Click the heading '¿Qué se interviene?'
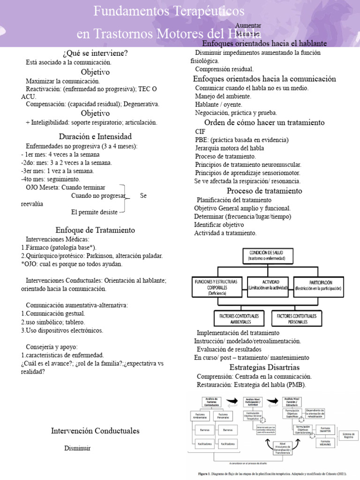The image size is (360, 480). [95, 52]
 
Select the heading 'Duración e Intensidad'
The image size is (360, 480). [95, 136]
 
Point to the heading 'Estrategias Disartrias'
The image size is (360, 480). [264, 367]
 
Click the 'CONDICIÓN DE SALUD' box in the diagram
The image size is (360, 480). [266, 255]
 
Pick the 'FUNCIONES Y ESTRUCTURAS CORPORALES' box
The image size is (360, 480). [216, 286]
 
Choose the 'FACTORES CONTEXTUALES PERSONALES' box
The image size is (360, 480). [299, 319]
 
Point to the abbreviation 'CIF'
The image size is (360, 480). [200, 132]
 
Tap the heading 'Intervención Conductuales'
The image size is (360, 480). [95, 431]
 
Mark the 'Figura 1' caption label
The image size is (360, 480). [205, 473]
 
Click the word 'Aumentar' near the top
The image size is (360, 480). [248, 25]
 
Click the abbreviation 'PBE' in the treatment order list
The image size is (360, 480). [201, 140]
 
